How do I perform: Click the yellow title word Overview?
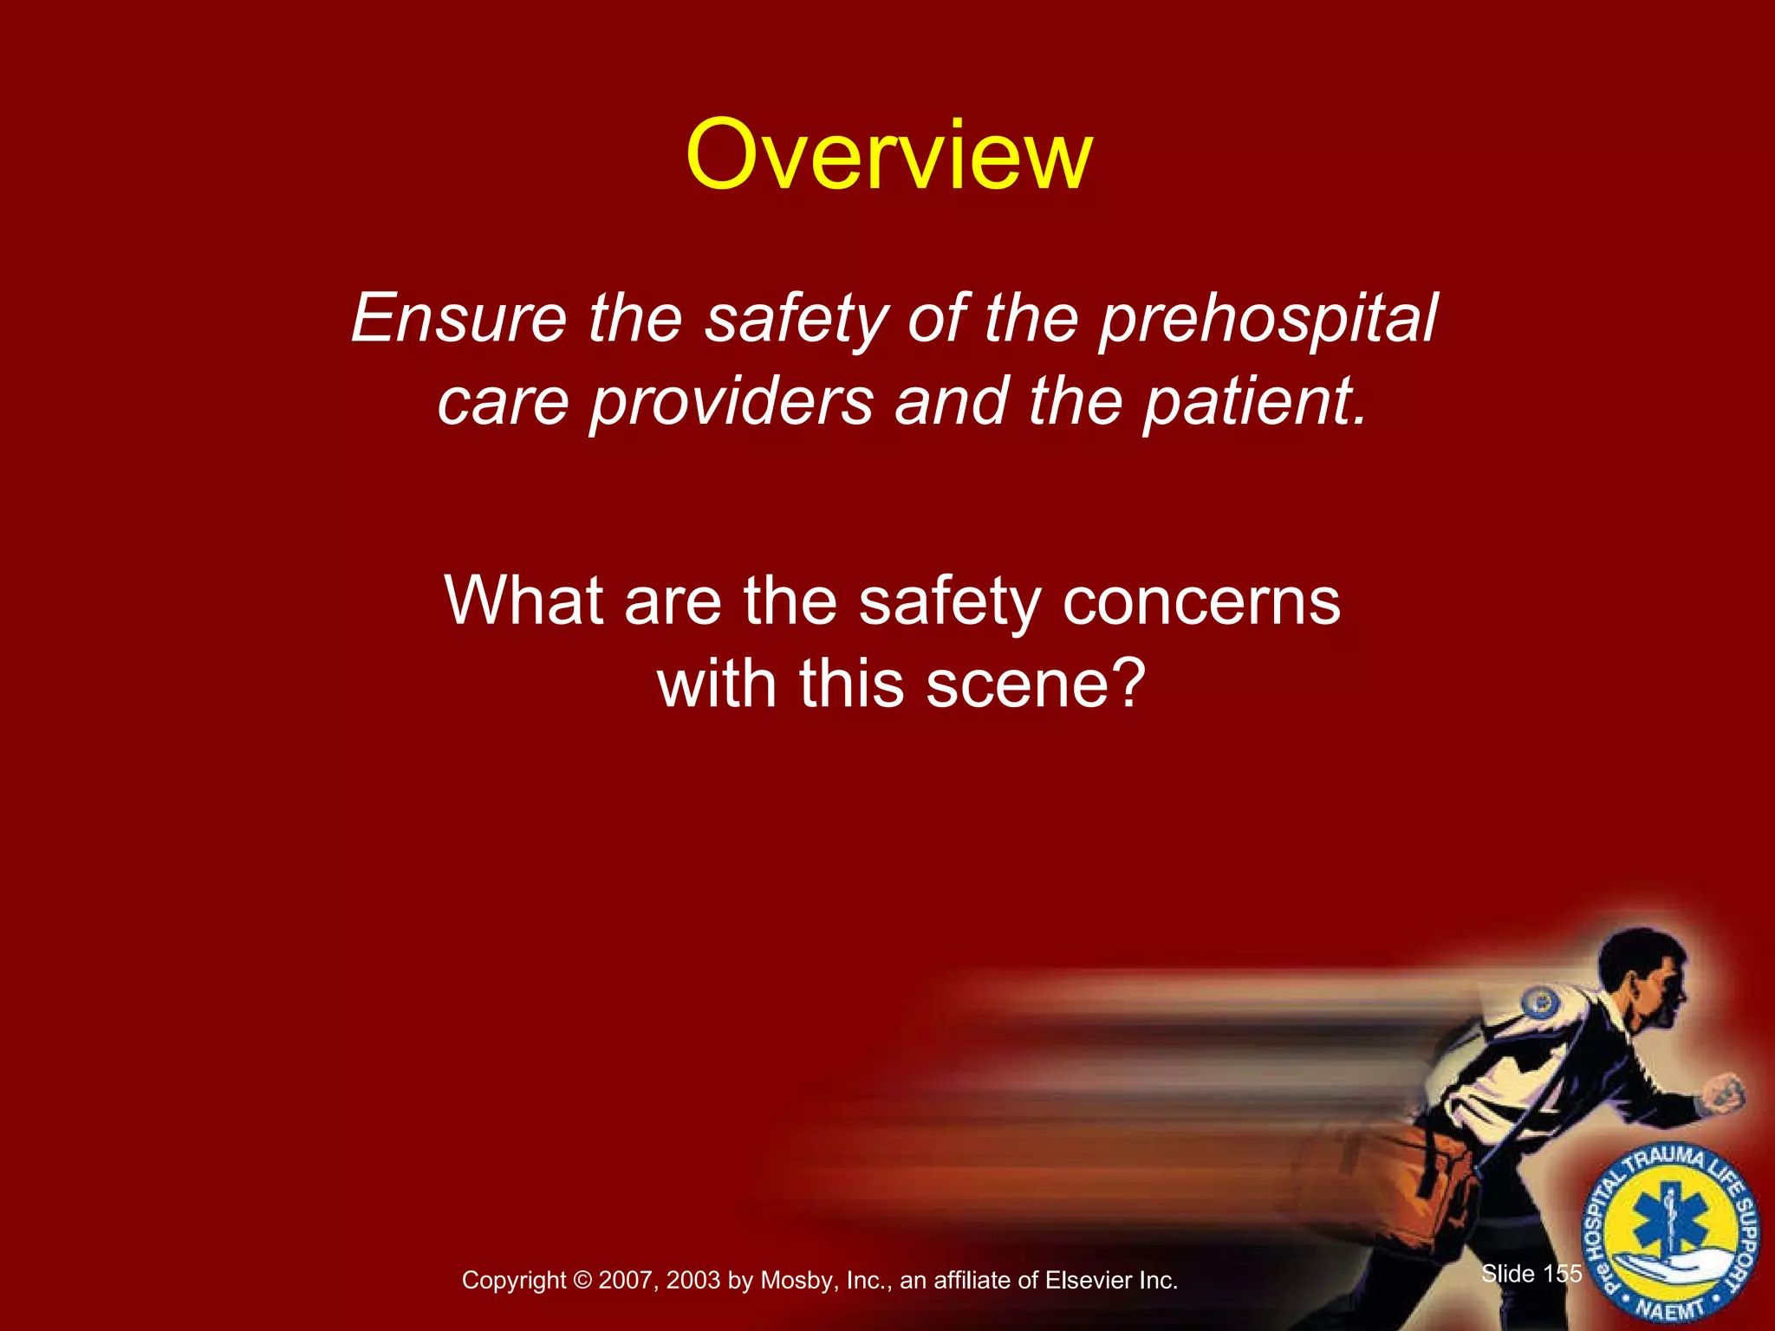[888, 156]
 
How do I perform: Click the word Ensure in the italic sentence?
[458, 319]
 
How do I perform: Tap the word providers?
[731, 402]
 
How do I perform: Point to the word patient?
[1254, 402]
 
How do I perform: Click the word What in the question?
[523, 601]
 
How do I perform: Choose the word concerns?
[1201, 601]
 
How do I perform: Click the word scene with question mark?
[1036, 684]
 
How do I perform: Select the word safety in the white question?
[949, 601]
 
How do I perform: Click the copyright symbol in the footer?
[582, 1281]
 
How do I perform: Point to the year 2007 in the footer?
[628, 1281]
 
